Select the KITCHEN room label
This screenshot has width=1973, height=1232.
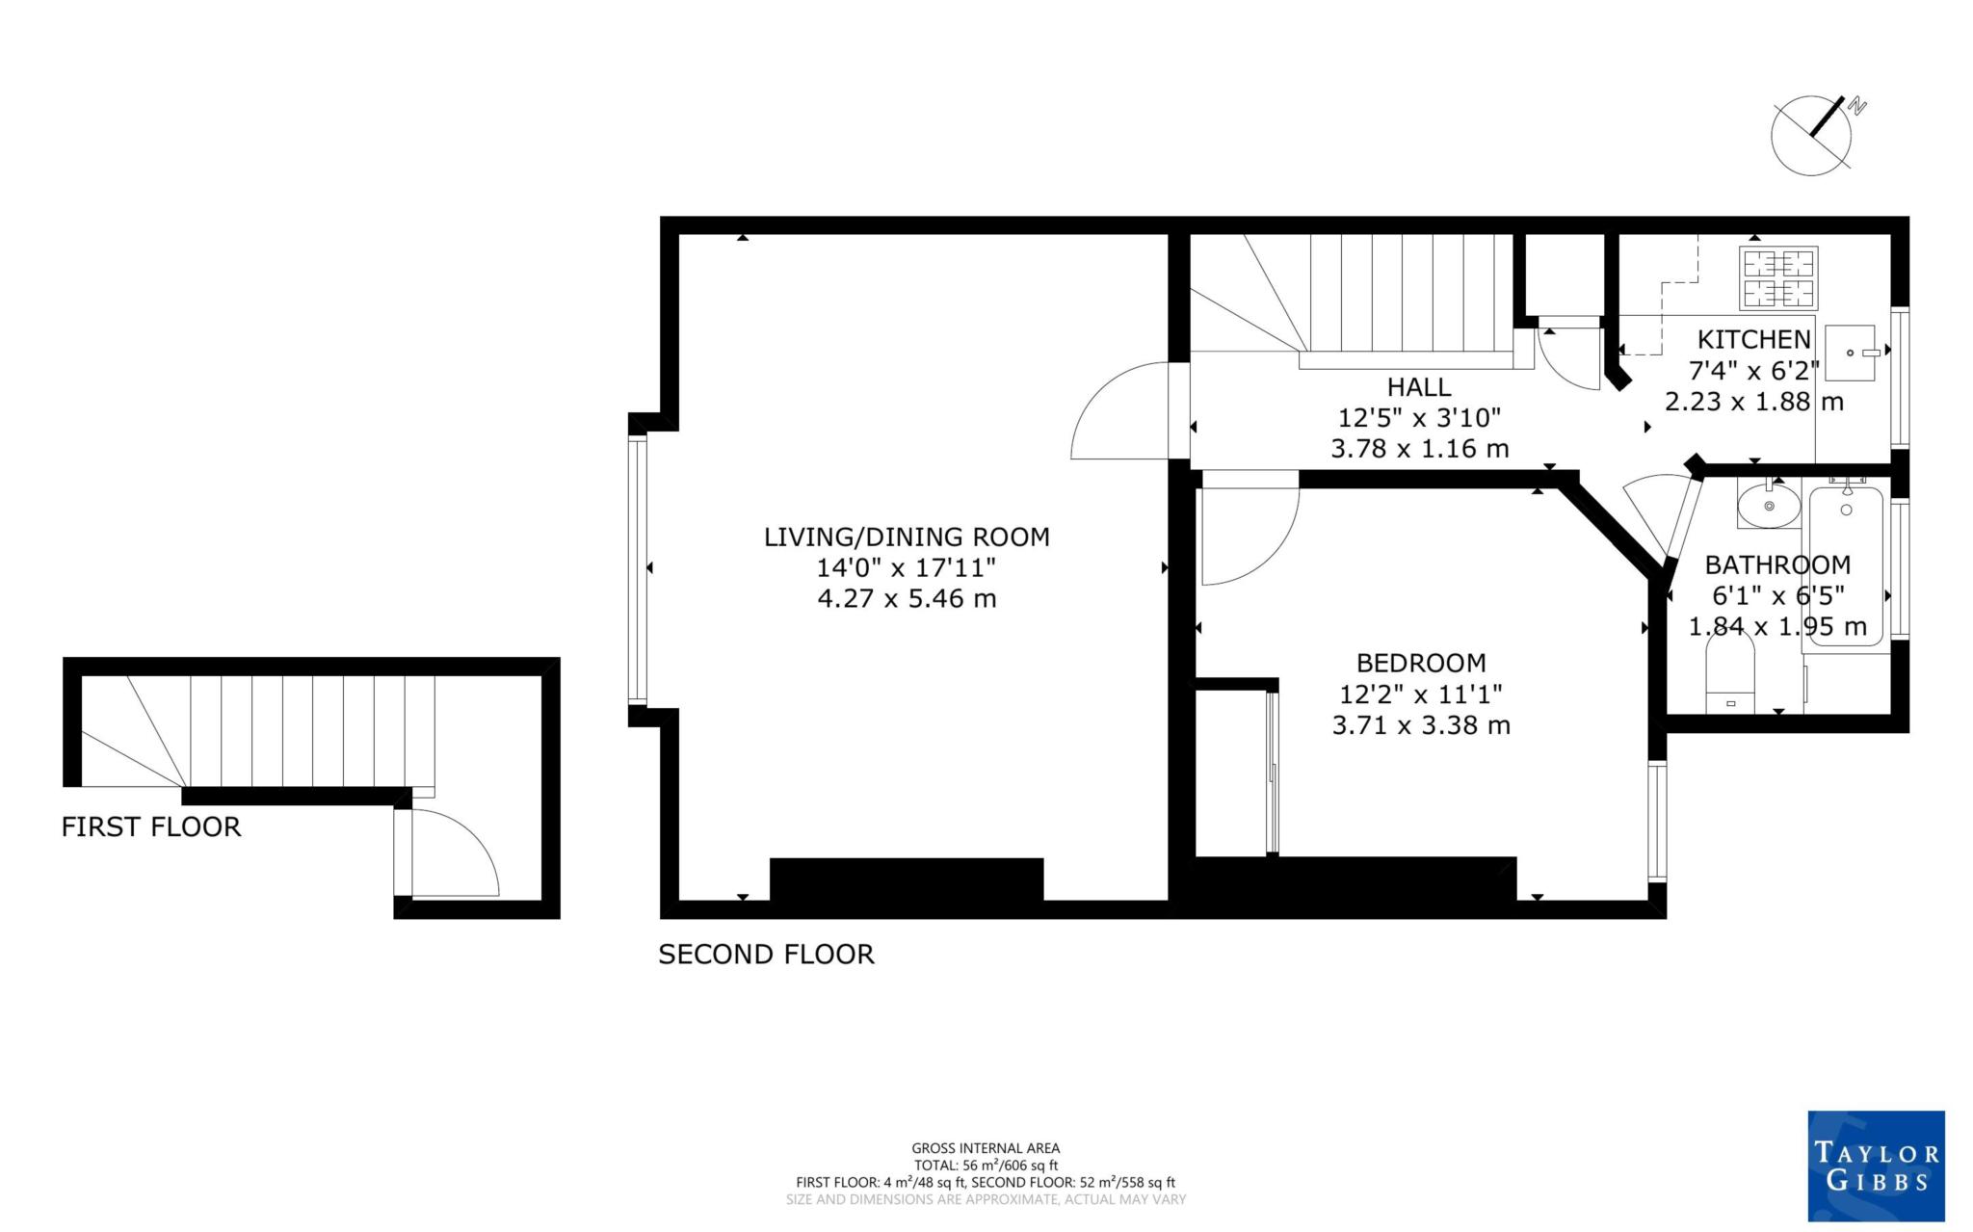point(1753,339)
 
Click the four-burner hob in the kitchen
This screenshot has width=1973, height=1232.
point(1778,276)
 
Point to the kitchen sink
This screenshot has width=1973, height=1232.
point(1850,353)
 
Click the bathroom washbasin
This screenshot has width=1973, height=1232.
point(1769,505)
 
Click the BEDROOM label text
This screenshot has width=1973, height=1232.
point(1421,663)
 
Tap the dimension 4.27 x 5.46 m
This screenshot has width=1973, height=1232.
point(907,599)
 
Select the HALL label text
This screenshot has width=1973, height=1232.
point(1419,387)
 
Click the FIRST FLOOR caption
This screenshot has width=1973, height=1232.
point(151,827)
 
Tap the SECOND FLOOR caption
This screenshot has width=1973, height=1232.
point(766,955)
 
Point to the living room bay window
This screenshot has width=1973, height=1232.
point(637,568)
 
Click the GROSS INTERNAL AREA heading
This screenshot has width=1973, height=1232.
point(986,1148)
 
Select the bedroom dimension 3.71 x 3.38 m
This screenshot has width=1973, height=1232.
point(1421,725)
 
